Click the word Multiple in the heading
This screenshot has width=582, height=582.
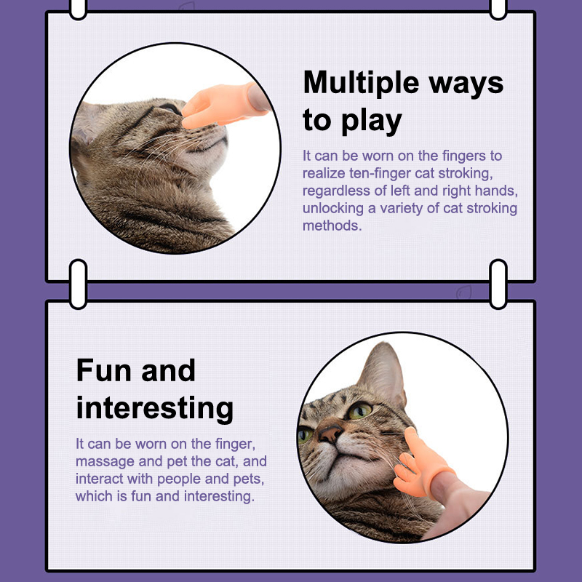pos(362,82)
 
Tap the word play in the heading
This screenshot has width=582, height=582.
pos(371,121)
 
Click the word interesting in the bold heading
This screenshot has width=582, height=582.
pos(155,408)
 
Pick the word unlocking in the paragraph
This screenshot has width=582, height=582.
pos(332,208)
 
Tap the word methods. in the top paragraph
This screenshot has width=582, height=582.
pos(332,226)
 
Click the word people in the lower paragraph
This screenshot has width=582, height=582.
pos(179,479)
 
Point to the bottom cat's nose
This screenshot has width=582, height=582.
pos(330,433)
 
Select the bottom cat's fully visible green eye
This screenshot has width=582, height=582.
pos(359,410)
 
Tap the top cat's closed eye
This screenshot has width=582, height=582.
pos(169,108)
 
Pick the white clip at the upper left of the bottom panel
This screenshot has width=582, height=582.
pos(79,284)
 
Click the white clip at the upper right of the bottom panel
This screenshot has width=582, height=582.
pos(498,284)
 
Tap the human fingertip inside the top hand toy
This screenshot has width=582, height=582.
pos(258,98)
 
